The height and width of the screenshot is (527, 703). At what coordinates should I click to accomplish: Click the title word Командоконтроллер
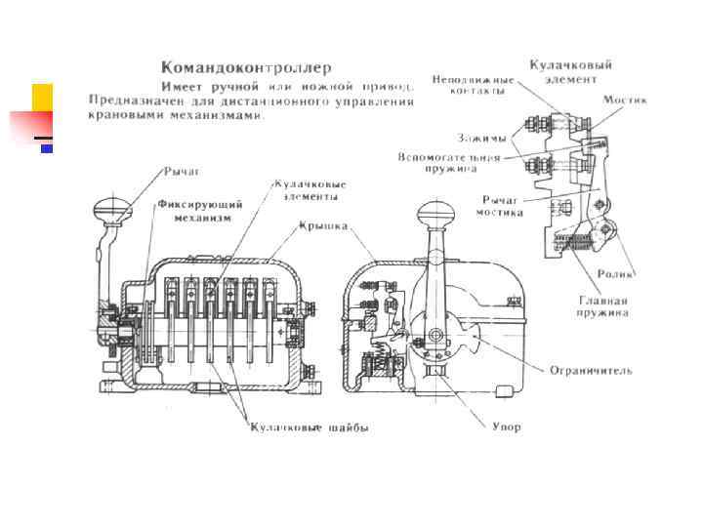[246, 68]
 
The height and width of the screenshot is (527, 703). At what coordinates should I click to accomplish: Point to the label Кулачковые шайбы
[309, 426]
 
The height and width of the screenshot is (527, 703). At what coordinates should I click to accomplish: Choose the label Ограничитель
[590, 371]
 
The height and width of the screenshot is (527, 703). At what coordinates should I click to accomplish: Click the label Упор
[506, 426]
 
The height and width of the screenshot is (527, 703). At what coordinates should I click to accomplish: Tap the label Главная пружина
[602, 306]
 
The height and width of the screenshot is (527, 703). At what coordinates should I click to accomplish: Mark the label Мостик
[624, 101]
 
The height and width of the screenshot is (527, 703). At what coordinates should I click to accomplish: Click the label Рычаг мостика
[499, 207]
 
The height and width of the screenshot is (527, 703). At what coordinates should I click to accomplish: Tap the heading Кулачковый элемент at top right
[570, 71]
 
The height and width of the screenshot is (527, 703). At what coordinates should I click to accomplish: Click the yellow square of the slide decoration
[42, 98]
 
